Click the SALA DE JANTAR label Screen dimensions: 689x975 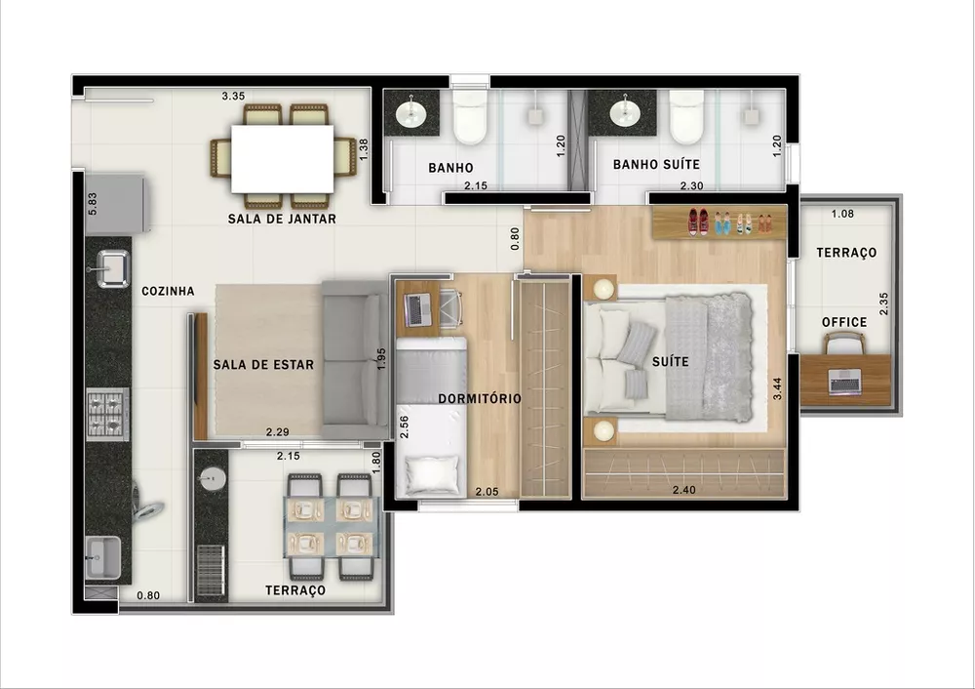[282, 220]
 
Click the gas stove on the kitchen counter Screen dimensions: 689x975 [107, 414]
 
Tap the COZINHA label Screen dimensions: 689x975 [168, 291]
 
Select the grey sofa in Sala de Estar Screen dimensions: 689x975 [353, 359]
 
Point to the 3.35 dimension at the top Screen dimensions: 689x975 [232, 96]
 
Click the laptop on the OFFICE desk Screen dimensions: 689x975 [844, 382]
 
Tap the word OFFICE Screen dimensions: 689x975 [843, 322]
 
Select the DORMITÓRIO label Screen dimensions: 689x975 [480, 398]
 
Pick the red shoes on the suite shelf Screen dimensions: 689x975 [698, 222]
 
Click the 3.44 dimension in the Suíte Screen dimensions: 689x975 [777, 384]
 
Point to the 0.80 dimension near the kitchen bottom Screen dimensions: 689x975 [148, 594]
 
